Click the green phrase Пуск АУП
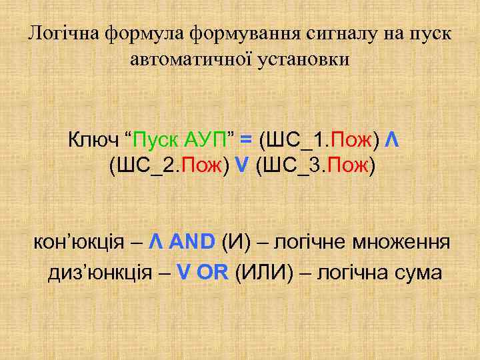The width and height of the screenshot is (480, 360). pyautogui.click(x=179, y=140)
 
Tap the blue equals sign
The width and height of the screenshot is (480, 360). pyautogui.click(x=246, y=140)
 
